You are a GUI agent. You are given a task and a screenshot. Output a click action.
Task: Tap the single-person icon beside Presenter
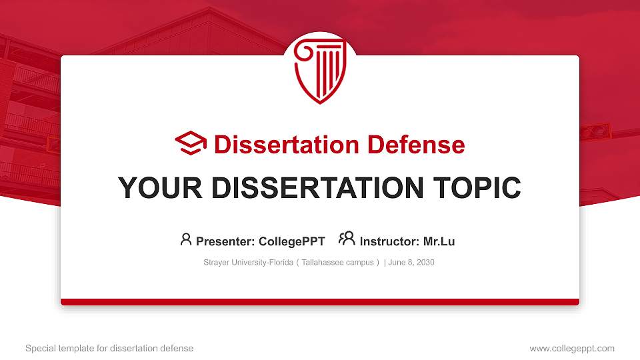(x=186, y=239)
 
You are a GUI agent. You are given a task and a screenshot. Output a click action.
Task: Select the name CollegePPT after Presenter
(x=291, y=241)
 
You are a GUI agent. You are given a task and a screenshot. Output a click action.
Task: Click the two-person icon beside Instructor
(x=347, y=239)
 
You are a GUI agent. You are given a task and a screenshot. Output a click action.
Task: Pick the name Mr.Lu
(x=439, y=241)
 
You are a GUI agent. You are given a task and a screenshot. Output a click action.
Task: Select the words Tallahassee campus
(x=337, y=263)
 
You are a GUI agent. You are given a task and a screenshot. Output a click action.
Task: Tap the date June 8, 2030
(x=411, y=263)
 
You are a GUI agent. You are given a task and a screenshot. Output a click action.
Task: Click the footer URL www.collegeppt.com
(x=572, y=348)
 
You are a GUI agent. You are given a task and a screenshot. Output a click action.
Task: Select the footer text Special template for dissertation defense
(x=109, y=348)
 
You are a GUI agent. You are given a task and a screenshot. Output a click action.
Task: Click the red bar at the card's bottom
(x=320, y=302)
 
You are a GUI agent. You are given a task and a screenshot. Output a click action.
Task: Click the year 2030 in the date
(x=425, y=263)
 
